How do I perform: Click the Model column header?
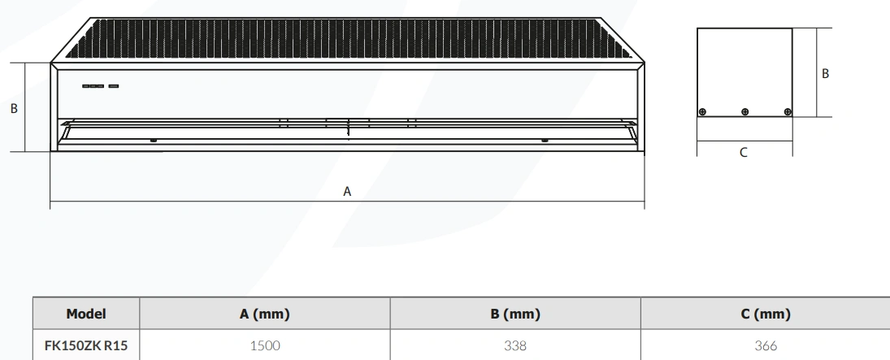[x=86, y=314]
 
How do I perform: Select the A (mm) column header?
[x=264, y=314]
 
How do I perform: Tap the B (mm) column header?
[x=515, y=314]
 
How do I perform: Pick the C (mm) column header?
[x=766, y=314]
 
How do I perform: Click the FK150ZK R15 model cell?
[x=86, y=345]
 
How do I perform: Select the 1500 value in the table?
[x=264, y=345]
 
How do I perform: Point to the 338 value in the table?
[x=515, y=345]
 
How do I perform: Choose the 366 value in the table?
[x=766, y=345]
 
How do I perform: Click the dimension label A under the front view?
[x=347, y=192]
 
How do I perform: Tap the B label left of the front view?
[x=14, y=108]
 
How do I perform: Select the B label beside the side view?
[x=825, y=74]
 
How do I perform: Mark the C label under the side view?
[x=744, y=153]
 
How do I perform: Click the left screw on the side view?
[x=703, y=112]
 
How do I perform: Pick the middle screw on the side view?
[x=745, y=112]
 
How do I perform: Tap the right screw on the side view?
[x=788, y=112]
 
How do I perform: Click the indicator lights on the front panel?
[x=101, y=86]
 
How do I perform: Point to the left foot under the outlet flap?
[x=154, y=141]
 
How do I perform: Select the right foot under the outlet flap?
[x=545, y=141]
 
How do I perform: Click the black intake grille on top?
[x=347, y=39]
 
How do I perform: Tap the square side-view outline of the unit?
[x=745, y=72]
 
